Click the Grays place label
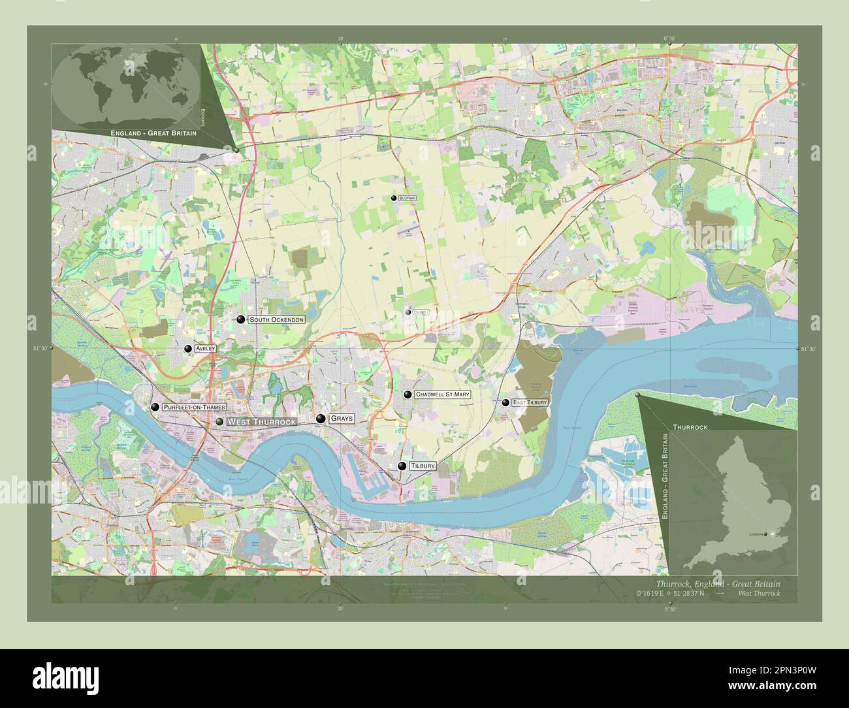(342, 419)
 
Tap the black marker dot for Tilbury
(402, 466)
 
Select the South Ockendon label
(277, 320)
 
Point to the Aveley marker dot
(188, 349)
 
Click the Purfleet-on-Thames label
(195, 408)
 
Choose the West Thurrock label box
(261, 423)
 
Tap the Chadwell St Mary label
(442, 394)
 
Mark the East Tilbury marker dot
(505, 402)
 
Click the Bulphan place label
(408, 198)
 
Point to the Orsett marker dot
(408, 312)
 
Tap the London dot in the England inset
(765, 534)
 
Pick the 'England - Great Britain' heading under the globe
(153, 133)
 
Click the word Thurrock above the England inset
(690, 426)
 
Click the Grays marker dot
(321, 419)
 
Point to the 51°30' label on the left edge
(40, 349)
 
